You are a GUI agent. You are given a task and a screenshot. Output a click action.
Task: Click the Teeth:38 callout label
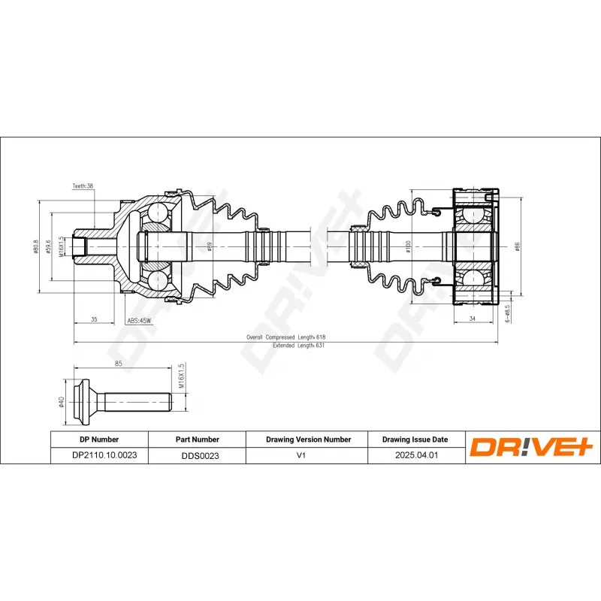tap(82, 186)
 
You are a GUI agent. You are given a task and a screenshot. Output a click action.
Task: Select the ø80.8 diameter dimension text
tap(36, 246)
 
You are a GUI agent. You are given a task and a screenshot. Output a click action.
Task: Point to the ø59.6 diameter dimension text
tap(48, 246)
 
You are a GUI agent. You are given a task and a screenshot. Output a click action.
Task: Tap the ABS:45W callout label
tap(139, 321)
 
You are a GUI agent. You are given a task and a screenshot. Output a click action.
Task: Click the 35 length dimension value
tap(94, 320)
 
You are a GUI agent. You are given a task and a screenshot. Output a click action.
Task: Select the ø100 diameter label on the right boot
tap(407, 246)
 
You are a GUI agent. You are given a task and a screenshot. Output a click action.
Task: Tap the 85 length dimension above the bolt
tap(119, 364)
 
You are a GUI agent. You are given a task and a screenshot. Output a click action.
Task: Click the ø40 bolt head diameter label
tap(61, 402)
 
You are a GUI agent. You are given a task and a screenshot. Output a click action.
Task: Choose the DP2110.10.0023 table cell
tap(99, 455)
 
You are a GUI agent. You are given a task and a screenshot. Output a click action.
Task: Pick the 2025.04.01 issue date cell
tap(415, 455)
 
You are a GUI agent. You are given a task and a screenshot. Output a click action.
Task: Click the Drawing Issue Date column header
tap(415, 439)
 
